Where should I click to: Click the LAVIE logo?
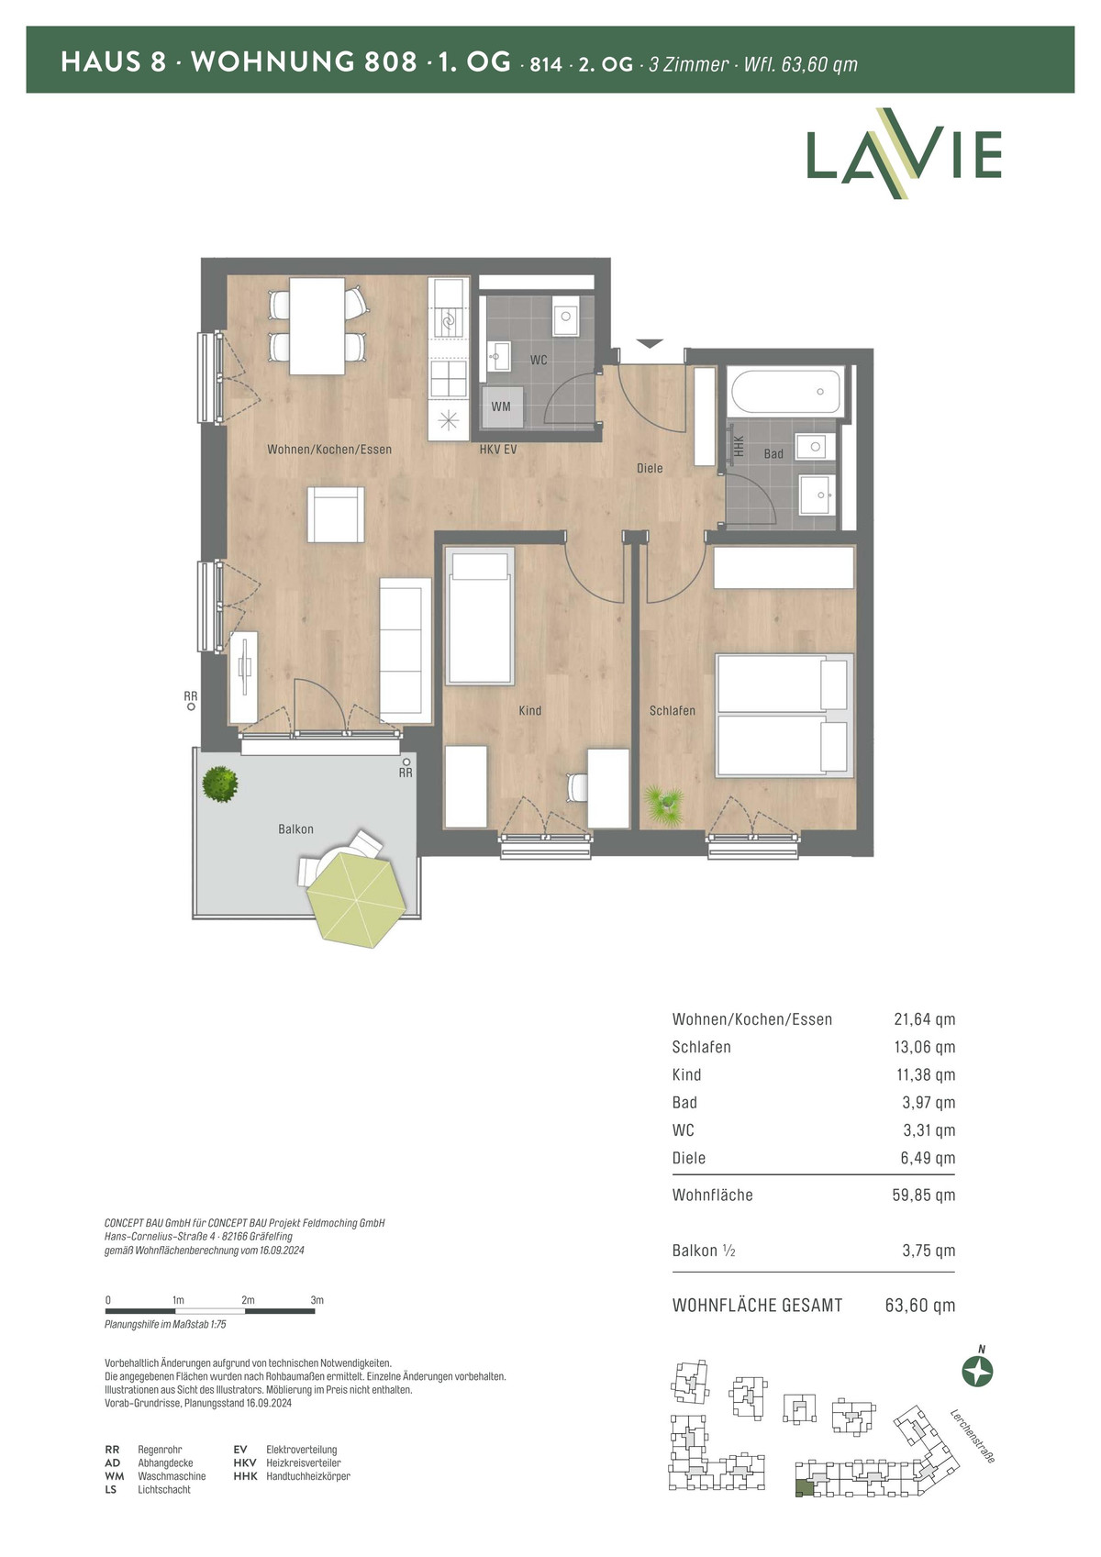(x=904, y=153)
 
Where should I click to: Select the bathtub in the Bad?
(x=785, y=392)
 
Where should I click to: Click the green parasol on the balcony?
(x=357, y=899)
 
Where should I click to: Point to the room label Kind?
(x=529, y=710)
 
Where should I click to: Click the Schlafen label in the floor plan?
(x=673, y=710)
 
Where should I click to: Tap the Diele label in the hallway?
(x=650, y=469)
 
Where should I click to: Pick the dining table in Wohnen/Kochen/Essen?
(x=317, y=326)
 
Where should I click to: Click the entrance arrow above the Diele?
(x=650, y=343)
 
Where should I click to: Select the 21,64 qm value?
(x=924, y=1019)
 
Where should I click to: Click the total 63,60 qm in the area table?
(x=919, y=1306)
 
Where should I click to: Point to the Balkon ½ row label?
(x=704, y=1251)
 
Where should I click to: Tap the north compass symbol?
(x=977, y=1372)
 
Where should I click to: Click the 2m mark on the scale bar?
(x=248, y=1300)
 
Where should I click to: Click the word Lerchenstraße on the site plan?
(x=973, y=1436)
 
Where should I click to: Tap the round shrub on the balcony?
(x=219, y=784)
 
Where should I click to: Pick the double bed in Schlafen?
(x=784, y=715)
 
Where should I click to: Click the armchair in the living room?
(x=336, y=515)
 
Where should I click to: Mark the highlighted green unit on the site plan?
(x=804, y=1488)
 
